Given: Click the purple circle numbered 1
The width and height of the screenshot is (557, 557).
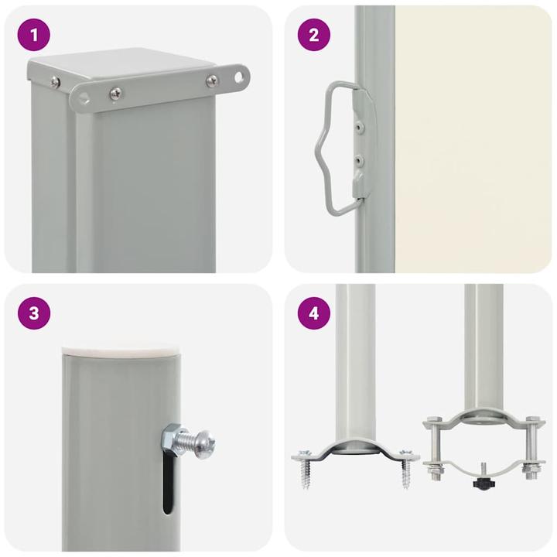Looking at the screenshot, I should [x=34, y=35].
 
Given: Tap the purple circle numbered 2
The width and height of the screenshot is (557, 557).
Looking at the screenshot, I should [x=314, y=35].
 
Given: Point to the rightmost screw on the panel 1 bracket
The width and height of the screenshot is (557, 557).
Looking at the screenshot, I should [x=211, y=80].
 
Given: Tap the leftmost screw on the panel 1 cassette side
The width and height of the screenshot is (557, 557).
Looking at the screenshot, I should [x=55, y=83].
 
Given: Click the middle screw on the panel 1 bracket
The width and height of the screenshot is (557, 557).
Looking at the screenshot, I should [x=114, y=94].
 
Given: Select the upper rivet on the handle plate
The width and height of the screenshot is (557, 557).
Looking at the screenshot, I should [x=357, y=122].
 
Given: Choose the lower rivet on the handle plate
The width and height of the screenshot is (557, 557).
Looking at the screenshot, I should [x=357, y=160].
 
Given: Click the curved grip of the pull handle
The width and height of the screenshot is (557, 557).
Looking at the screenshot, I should [x=323, y=147].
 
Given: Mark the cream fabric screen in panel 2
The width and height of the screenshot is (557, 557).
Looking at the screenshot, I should [x=472, y=139].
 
